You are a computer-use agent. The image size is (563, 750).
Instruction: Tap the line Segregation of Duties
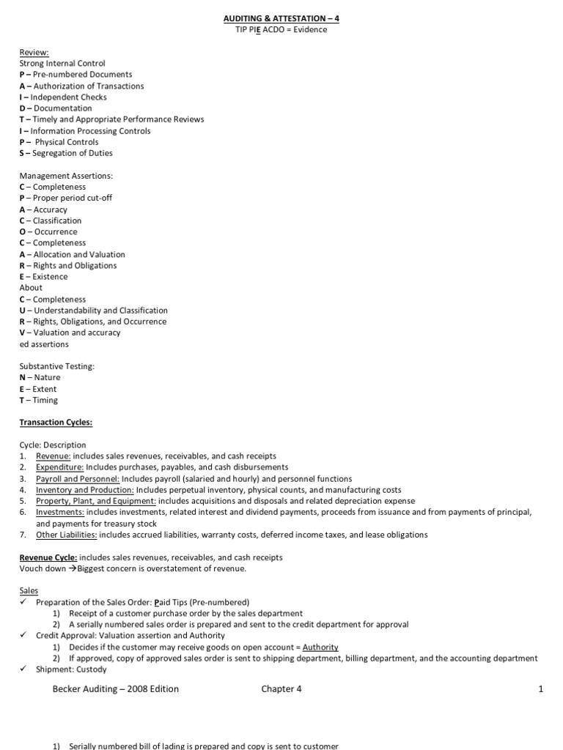coord(73,153)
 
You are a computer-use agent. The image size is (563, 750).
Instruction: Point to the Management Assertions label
coord(66,176)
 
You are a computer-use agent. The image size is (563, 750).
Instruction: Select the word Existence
coord(50,277)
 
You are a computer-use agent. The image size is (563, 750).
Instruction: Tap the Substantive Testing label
coord(57,366)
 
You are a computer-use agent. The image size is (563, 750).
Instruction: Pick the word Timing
coord(45,400)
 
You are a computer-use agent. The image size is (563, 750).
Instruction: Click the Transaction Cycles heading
coord(56,423)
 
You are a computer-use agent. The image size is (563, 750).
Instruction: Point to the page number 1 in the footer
coord(540,688)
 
